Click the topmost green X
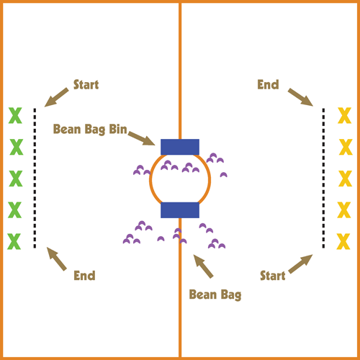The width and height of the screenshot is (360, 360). (15, 115)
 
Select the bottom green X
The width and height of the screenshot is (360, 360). (14, 241)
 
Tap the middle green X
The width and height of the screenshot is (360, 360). (16, 179)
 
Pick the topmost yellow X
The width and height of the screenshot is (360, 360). (345, 115)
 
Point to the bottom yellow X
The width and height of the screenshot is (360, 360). (343, 241)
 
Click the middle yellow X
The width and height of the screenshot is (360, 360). (346, 179)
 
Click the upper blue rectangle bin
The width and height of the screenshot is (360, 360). (180, 147)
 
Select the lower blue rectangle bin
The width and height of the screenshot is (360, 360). (180, 210)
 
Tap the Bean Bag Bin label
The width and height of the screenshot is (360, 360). (90, 130)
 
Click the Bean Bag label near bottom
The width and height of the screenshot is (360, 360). (215, 294)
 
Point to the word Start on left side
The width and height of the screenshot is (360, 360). (86, 84)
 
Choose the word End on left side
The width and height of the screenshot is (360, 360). (84, 276)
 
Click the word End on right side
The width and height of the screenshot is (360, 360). (268, 84)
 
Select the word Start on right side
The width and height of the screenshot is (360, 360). (273, 276)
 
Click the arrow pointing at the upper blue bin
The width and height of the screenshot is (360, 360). (142, 138)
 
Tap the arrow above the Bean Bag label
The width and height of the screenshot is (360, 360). (203, 266)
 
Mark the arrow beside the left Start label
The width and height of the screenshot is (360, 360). (56, 97)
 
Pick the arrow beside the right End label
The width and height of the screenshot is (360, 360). (300, 97)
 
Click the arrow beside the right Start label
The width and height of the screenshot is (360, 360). (300, 264)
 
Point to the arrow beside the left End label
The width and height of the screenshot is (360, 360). (57, 259)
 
